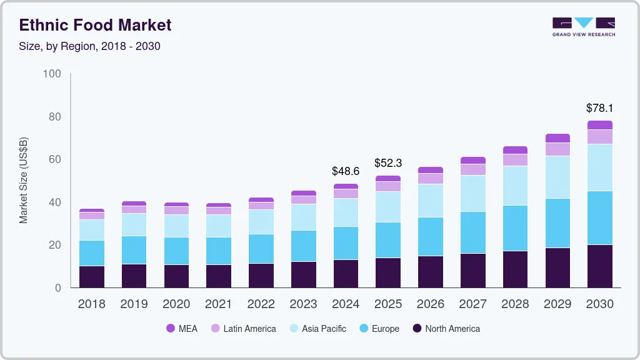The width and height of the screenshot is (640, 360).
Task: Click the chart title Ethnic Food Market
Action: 95,25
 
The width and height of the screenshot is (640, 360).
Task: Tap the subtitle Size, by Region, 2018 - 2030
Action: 89,46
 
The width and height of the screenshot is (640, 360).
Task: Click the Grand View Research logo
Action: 583,27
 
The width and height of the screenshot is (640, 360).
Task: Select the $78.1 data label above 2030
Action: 599,108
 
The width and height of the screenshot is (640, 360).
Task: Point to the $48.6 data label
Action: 346,171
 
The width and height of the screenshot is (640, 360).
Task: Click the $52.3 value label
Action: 388,163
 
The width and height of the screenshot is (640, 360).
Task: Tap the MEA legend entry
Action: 182,329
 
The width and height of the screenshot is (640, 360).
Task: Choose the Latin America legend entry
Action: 243,329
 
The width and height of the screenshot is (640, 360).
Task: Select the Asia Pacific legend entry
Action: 317,329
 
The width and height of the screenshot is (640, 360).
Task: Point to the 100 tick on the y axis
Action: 52,74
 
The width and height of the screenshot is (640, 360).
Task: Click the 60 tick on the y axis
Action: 54,159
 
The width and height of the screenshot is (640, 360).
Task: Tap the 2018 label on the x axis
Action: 91,304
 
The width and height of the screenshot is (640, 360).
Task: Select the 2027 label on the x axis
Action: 472,304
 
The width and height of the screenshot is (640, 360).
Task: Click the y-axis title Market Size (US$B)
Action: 23,181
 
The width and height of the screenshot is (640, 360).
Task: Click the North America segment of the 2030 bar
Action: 599,266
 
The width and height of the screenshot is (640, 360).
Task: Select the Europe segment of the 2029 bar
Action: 557,223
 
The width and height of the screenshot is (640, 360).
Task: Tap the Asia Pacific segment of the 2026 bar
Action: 430,201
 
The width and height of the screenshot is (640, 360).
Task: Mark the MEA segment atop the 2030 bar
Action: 599,125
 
